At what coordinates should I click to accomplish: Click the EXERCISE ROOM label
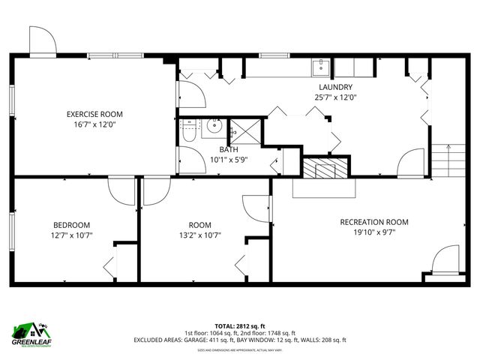(x=94, y=114)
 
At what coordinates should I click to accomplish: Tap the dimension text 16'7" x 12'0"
(x=94, y=125)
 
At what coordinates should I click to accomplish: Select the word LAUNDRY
(x=335, y=86)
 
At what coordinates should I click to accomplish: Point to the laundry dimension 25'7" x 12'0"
(x=335, y=97)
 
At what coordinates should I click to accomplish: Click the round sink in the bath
(x=214, y=126)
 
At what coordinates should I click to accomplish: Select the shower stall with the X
(x=246, y=130)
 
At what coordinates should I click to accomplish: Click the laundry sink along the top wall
(x=322, y=67)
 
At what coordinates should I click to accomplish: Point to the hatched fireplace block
(x=325, y=168)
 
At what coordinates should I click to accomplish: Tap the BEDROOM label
(x=71, y=225)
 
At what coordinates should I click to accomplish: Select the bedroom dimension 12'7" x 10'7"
(x=71, y=235)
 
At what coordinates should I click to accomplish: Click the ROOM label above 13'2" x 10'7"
(x=199, y=225)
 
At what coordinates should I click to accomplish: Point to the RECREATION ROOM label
(x=373, y=222)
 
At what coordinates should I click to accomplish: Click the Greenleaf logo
(x=30, y=332)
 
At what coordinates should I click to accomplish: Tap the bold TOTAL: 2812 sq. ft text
(x=240, y=326)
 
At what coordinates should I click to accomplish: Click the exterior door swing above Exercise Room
(x=42, y=40)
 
